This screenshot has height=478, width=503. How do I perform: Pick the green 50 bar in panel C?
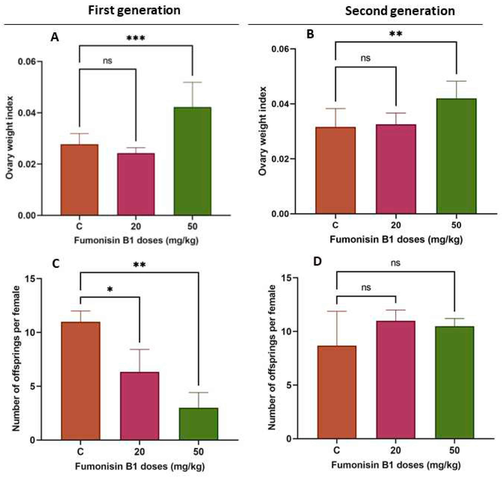(x=198, y=424)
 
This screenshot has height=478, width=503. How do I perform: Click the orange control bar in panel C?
(x=80, y=381)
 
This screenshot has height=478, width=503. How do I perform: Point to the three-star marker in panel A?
(x=136, y=38)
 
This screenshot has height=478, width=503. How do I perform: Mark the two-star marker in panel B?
(x=396, y=34)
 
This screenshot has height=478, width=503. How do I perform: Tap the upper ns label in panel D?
(x=396, y=263)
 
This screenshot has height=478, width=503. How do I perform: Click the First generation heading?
(x=134, y=10)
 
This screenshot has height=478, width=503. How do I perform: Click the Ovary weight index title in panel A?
(x=10, y=138)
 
